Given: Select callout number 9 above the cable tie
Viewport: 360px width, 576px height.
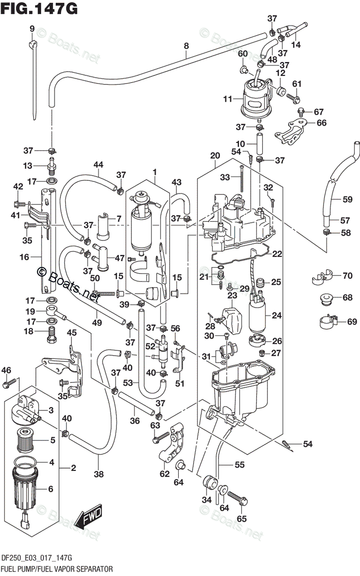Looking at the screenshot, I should point(32,29).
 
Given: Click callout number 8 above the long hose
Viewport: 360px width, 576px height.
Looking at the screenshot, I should point(186,46).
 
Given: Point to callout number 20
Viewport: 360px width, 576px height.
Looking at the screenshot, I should point(215,156).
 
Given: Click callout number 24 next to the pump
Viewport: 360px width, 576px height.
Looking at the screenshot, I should point(276,315).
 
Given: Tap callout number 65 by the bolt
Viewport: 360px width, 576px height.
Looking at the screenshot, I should point(241,518).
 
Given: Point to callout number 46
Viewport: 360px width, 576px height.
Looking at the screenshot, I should point(6,370).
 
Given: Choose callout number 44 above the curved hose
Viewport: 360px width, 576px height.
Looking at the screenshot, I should point(98,165).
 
